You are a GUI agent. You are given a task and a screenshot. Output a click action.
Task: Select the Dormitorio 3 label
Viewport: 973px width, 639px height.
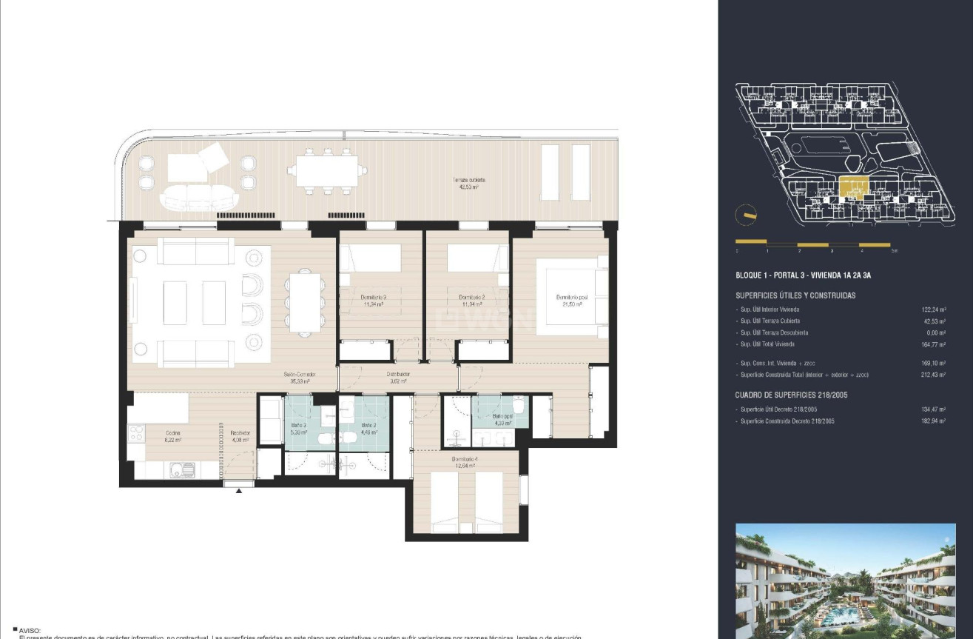(x=374, y=300)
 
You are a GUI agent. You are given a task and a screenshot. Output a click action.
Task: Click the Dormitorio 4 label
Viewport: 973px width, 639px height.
(x=465, y=462)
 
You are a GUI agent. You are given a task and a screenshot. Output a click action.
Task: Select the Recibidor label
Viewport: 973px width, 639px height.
(x=239, y=436)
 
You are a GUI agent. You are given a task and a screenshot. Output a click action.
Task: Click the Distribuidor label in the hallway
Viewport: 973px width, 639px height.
(x=397, y=378)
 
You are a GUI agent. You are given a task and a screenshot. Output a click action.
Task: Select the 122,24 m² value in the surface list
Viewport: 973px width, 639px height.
(x=935, y=310)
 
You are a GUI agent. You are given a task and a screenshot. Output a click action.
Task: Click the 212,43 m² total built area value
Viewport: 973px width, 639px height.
(x=935, y=375)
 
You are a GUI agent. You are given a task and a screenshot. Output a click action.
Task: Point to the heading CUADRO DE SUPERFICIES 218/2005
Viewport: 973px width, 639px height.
(x=792, y=395)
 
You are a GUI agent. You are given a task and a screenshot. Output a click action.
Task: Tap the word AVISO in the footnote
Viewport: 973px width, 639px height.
(x=32, y=630)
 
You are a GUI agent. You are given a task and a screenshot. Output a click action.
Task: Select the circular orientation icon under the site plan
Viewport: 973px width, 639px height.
(x=746, y=216)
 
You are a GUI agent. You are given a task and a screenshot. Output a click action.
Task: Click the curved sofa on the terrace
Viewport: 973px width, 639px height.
(x=200, y=197)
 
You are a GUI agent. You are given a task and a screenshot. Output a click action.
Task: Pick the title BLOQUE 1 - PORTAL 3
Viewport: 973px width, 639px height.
(x=803, y=275)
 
